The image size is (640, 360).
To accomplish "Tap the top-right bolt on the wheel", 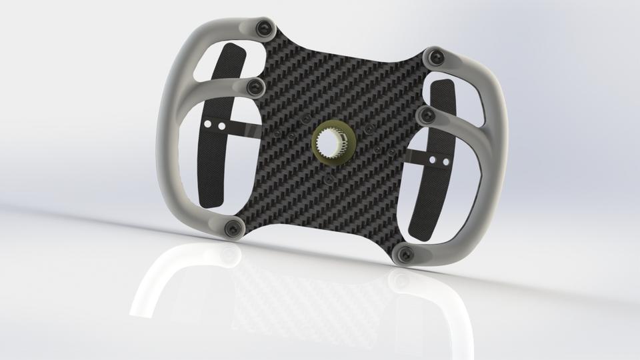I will click(438, 57).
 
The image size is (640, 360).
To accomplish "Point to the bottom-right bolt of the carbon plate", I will click(405, 253).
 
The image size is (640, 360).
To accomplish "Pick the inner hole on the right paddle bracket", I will click(432, 160).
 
